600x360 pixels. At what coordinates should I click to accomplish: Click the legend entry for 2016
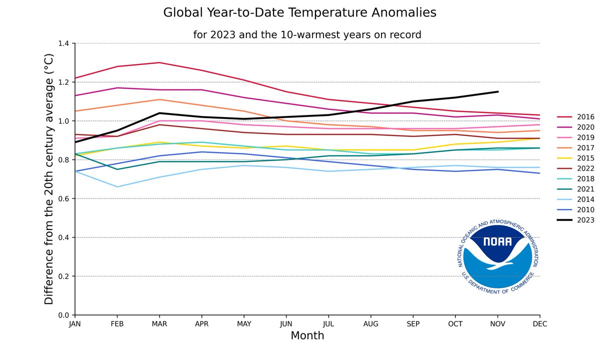coord(585,116)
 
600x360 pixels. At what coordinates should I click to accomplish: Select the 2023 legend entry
coord(585,220)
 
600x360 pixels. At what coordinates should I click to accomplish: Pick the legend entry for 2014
coord(585,199)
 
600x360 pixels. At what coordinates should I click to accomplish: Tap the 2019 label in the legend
coord(585,137)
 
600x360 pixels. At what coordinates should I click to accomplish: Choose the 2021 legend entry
coord(585,189)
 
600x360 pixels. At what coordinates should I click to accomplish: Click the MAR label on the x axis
coord(159,324)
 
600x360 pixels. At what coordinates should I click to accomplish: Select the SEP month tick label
coord(412,324)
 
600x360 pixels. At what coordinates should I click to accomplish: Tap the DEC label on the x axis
coord(539,324)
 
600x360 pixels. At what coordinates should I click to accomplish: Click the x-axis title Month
coord(307,335)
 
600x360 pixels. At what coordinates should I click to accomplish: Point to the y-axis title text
coord(48,179)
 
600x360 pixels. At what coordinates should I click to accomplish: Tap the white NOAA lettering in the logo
coord(497,242)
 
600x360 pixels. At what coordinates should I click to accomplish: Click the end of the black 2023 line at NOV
coord(497,91)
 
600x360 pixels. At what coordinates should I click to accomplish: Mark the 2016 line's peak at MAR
coord(159,62)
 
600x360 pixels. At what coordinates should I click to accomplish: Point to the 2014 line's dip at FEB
coord(117,187)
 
